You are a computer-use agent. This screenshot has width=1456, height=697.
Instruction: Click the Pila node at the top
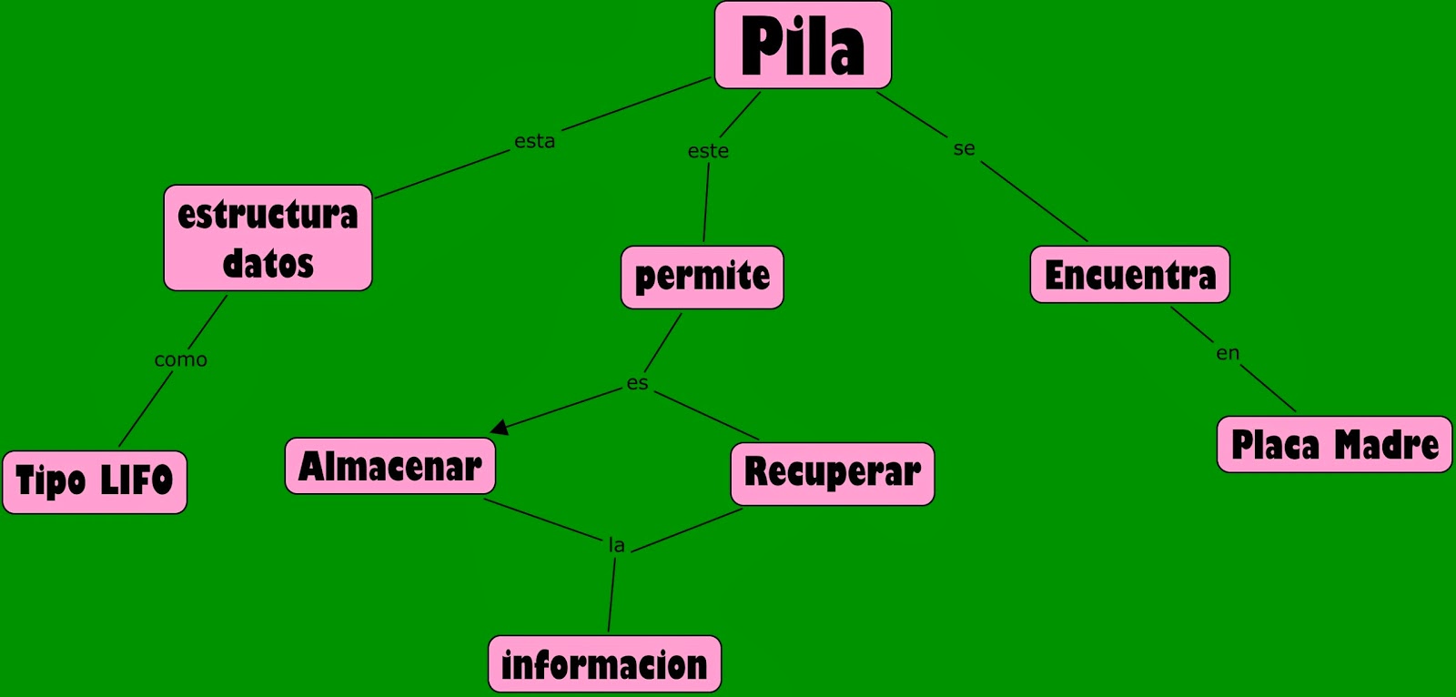pos(803,45)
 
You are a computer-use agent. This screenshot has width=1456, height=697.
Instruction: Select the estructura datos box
pos(268,238)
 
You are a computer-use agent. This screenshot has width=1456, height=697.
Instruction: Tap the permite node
pos(702,277)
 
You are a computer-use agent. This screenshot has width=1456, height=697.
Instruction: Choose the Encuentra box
pos(1129,275)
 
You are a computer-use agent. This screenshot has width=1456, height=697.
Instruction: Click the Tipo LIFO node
pos(95,482)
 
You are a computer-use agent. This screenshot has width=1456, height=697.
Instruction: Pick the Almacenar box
pos(390,467)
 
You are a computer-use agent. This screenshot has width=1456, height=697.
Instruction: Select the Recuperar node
pos(833,474)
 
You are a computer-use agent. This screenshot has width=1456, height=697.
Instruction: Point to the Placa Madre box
pos(1334,445)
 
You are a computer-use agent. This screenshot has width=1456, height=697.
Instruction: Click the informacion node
pos(604,665)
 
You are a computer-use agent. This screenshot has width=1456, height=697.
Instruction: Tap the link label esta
pos(534,141)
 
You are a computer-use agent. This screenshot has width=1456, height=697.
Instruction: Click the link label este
pos(708,151)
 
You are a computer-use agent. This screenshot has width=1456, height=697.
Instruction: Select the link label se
pos(964,148)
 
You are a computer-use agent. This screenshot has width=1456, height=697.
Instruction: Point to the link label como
pos(180,359)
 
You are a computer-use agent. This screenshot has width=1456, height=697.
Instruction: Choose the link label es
pos(637,383)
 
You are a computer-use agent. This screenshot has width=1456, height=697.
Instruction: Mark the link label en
pos(1228,353)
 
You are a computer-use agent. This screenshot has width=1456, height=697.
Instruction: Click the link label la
pos(616,545)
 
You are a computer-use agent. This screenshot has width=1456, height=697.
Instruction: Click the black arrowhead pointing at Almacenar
pos(500,426)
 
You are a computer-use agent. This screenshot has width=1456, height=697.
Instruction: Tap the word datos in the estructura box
pos(268,264)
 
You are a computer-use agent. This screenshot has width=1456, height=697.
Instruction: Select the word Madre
pos(1386,445)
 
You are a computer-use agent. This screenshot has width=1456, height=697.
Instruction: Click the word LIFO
pos(136,480)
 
